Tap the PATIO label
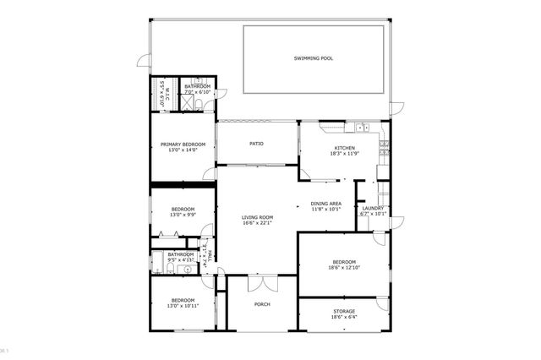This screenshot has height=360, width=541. [256, 144]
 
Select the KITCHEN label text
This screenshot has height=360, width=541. [332, 149]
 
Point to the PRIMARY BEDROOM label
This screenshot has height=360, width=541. [183, 145]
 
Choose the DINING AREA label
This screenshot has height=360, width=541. [325, 204]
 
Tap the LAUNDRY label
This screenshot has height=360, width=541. [373, 209]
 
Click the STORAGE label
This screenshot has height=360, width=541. [343, 311]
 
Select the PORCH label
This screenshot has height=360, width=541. [262, 303]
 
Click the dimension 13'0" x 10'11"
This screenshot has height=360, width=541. [183, 306]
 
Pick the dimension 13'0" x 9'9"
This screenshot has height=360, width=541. [183, 215]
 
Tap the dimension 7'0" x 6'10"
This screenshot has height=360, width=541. [197, 91]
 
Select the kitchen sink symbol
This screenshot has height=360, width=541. [361, 128]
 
